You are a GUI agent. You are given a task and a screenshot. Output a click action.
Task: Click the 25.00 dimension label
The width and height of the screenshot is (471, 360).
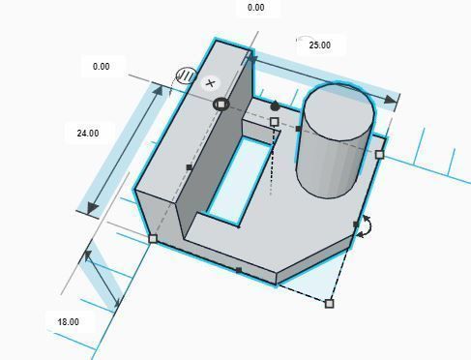[x=319, y=45]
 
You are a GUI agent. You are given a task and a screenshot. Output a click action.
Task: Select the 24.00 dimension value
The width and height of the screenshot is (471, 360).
[x=87, y=134]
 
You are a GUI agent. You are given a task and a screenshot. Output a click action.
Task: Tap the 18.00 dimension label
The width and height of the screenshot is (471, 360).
[x=68, y=321]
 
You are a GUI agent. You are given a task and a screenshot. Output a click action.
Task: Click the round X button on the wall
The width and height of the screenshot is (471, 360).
[x=211, y=83]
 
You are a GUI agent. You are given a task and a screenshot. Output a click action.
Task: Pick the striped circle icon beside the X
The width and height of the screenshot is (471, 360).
[x=186, y=76]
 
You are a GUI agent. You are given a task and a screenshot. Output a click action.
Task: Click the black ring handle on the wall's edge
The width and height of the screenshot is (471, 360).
[x=221, y=104]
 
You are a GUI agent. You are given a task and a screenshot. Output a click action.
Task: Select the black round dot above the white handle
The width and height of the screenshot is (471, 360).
[x=275, y=106]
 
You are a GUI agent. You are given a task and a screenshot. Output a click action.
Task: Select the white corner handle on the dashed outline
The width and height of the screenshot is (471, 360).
[x=330, y=304]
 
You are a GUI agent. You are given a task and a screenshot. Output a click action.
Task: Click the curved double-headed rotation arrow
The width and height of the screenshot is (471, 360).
[x=368, y=227]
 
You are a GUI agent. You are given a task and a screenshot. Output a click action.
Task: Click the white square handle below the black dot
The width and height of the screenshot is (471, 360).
[x=275, y=122]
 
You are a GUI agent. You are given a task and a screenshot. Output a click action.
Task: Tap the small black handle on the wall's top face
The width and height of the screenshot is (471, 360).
[x=189, y=167]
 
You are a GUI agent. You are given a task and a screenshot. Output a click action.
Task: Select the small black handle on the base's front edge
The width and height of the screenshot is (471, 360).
[x=239, y=271]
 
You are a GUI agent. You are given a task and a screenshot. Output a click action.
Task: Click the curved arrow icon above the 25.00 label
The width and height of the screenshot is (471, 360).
[x=304, y=39]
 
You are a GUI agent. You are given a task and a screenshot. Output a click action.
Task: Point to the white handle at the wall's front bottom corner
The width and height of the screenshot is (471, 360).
[x=152, y=238]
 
